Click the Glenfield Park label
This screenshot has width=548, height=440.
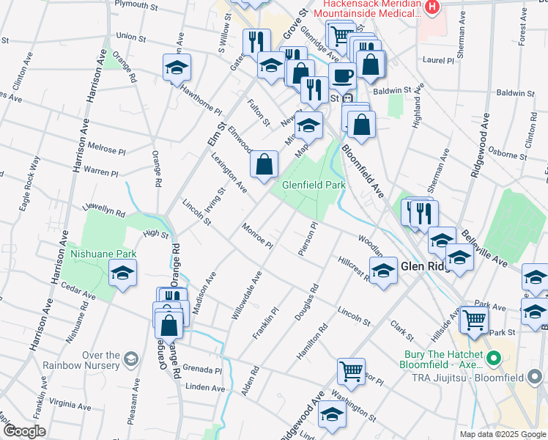point(314,186)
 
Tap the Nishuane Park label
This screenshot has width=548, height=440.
point(103,254)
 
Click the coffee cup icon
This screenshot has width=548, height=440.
point(342,76)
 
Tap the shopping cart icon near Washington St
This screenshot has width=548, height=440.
point(351,371)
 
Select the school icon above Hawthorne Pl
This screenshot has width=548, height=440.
point(177,67)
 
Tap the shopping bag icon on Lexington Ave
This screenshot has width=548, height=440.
point(264,165)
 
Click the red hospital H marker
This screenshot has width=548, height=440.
point(432,7)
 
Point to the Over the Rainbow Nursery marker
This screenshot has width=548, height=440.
point(131,359)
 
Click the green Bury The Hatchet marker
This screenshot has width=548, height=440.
point(493,359)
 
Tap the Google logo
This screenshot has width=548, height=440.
point(24,431)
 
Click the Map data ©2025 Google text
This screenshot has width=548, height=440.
point(502,434)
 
